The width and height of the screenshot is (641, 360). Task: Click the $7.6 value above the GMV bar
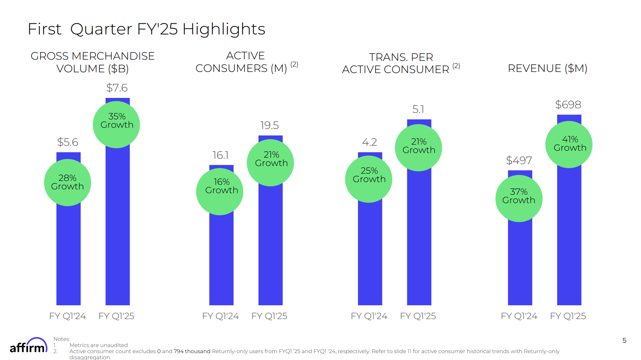117,88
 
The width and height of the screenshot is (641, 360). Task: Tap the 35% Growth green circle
117,124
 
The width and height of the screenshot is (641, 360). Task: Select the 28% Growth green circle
68,182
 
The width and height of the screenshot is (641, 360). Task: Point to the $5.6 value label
68,142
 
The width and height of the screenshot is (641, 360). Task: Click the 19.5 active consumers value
270,125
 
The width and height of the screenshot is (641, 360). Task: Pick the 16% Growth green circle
220,191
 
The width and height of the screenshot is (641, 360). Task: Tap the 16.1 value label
221,155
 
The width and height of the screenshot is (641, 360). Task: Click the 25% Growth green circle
369,179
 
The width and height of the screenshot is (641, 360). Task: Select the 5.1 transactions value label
418,109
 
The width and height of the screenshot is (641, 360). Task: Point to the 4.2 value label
369,142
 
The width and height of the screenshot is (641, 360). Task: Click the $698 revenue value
568,105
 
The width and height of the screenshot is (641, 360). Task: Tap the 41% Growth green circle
569,144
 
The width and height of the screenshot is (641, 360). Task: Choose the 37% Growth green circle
519,198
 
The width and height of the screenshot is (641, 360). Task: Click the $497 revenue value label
519,161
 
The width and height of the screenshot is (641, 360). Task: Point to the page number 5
625,340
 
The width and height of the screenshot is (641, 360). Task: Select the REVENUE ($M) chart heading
547,68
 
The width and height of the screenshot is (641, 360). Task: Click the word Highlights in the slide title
224,29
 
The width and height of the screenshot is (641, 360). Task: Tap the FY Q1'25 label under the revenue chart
568,316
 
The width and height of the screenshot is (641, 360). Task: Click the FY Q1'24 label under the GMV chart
68,316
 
